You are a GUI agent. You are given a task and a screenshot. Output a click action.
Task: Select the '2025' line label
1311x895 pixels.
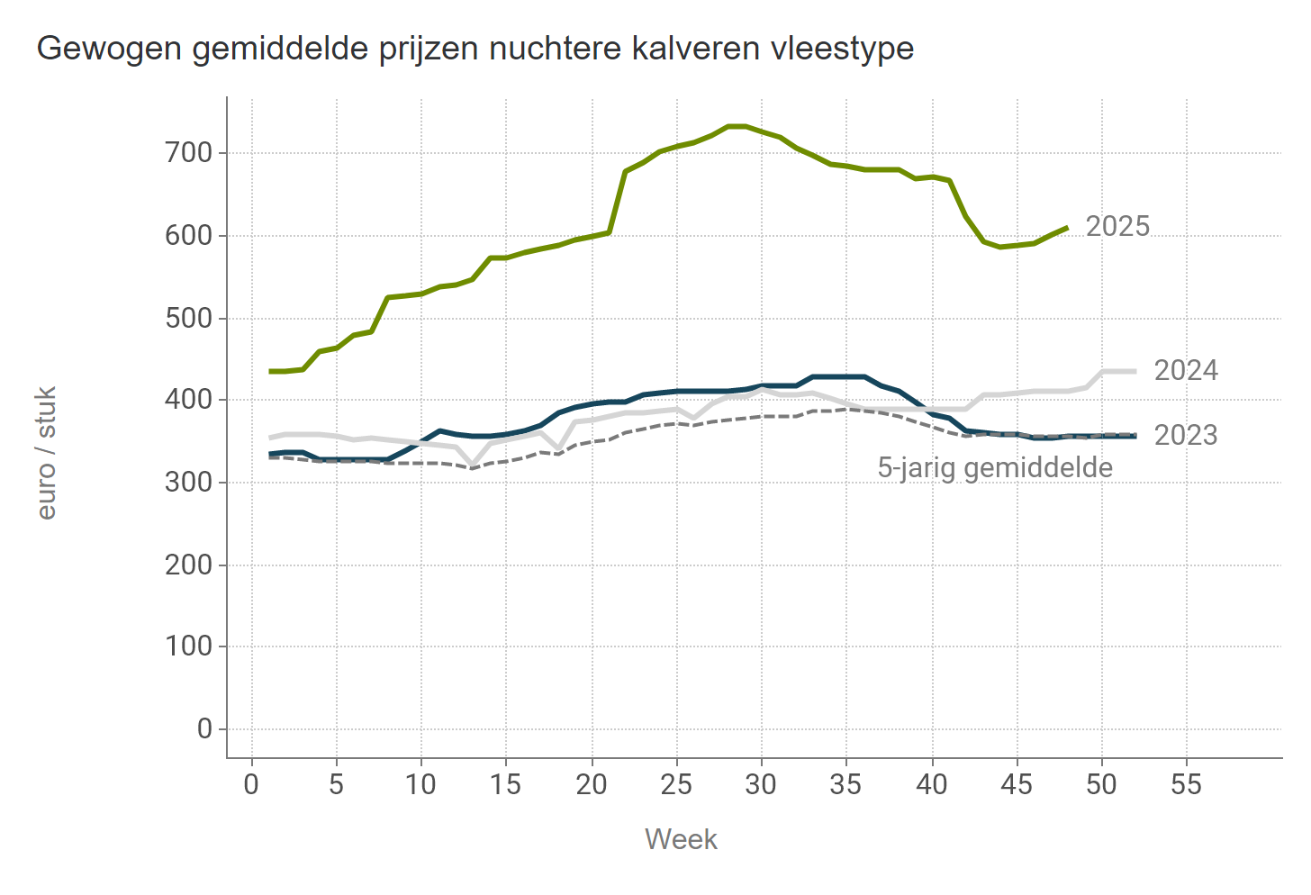(1117, 226)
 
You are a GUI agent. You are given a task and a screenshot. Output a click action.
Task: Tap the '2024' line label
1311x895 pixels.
(1186, 370)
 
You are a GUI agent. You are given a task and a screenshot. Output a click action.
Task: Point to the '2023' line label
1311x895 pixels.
(1186, 435)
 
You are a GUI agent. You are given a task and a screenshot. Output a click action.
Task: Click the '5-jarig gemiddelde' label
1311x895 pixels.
(995, 467)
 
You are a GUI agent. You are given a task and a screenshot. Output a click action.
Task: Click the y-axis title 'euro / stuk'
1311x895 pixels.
(47, 453)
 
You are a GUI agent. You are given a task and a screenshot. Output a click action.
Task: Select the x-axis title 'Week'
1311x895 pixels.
(681, 839)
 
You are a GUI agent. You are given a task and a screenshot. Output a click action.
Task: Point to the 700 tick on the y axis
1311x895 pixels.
(189, 153)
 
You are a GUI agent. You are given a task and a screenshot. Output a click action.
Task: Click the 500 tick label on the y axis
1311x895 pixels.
(189, 319)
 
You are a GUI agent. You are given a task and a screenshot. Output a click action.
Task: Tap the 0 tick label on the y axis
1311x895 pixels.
(204, 728)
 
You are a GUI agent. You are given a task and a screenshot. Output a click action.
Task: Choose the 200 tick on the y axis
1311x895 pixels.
(189, 565)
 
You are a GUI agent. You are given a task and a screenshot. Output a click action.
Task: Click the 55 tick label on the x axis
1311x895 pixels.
(1186, 784)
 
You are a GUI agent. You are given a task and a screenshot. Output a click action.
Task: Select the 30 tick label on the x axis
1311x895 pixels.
(761, 784)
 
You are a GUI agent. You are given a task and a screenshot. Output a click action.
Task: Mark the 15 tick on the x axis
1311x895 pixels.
(506, 784)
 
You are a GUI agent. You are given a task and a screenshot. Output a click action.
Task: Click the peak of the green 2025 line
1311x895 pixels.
(737, 126)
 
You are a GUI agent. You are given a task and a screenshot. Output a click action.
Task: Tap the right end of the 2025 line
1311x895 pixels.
(1067, 228)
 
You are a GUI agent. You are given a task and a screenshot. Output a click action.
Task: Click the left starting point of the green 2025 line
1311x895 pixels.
(269, 371)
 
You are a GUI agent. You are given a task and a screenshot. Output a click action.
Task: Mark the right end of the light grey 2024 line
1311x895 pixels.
(1135, 371)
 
